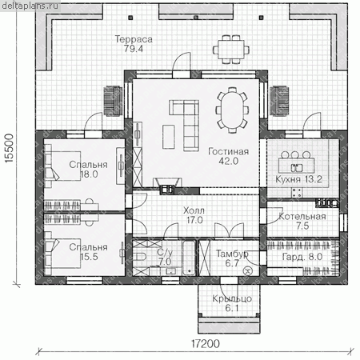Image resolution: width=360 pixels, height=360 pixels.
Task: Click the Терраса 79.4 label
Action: [134, 44]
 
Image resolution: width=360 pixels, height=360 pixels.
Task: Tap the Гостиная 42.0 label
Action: [228, 156]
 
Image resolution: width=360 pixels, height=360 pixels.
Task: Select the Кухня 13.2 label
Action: [298, 179]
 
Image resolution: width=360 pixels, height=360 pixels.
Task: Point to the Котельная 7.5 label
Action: [302, 221]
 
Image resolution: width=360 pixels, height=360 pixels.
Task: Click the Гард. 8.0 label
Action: [302, 257]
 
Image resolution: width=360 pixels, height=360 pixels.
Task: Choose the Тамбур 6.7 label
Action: [232, 258]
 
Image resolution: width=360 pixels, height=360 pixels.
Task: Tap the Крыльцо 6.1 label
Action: [232, 303]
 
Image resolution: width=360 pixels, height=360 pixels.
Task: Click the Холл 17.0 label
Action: [194, 215]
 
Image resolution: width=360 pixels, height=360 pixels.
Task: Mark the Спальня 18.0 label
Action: [88, 170]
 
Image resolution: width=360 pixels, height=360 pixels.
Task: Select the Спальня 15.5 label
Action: [88, 252]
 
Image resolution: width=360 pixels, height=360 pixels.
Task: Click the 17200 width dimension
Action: [206, 344]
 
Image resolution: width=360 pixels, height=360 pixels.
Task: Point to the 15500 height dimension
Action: [9, 148]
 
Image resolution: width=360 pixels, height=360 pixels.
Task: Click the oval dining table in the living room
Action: [232, 110]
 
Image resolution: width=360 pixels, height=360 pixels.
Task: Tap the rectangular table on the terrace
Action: [231, 50]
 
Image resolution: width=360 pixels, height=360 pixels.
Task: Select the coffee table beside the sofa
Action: [169, 137]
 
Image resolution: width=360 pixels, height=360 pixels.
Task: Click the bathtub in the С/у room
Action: [189, 258]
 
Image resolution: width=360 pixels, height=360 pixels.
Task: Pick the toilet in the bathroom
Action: [140, 257]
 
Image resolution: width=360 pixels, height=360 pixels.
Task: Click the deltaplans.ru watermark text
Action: [30, 6]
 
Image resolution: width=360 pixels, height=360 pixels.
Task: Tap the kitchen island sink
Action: [297, 168]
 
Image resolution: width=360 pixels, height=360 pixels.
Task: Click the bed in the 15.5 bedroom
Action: [63, 254]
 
